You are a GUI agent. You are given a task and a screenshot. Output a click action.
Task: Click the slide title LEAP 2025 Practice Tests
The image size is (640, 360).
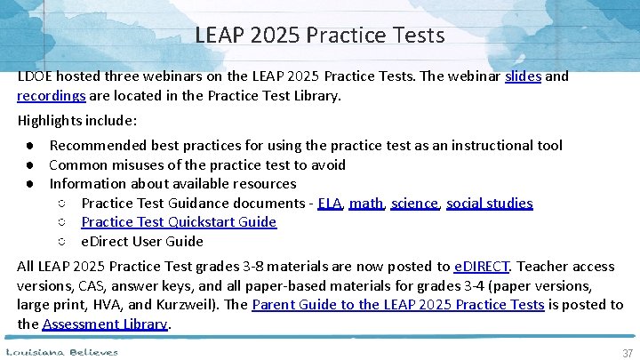tap(320, 36)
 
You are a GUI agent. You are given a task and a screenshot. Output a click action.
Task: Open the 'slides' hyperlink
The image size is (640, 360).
tap(523, 76)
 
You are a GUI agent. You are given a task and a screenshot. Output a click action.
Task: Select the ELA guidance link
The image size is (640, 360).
tap(329, 204)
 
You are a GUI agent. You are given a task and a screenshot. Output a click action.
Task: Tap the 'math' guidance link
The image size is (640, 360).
tap(366, 204)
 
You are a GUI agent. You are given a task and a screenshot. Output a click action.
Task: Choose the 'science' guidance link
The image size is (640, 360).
tap(415, 204)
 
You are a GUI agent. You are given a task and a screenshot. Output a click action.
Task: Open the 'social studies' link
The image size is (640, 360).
tap(489, 204)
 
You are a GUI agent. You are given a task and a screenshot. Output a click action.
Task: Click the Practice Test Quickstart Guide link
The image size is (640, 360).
tap(179, 222)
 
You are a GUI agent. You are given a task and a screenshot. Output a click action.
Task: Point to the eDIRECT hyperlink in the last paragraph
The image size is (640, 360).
tap(482, 267)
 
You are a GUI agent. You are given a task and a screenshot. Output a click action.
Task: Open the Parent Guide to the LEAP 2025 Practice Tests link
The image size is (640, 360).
tap(398, 305)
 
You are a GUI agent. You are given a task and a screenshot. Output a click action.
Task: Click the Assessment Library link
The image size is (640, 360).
tap(105, 324)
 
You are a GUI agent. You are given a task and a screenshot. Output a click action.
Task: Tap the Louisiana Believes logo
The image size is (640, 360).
tap(62, 352)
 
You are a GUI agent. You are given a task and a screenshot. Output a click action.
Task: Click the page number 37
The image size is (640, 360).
tap(628, 353)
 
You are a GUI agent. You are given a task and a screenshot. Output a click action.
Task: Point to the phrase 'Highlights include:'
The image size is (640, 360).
tap(77, 120)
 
